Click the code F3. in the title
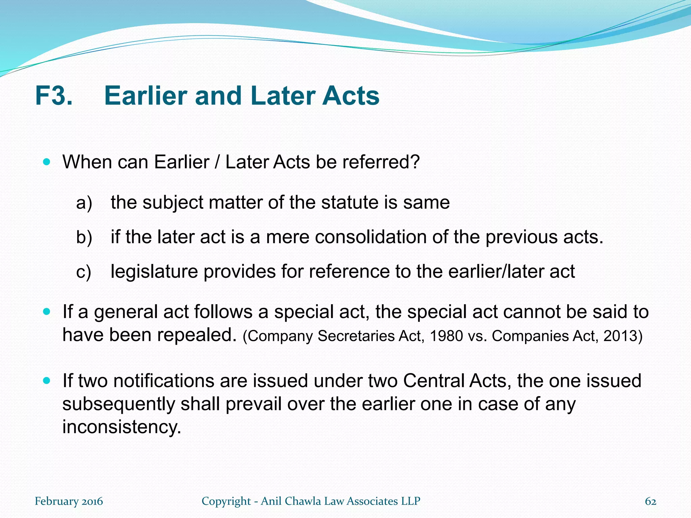[x=54, y=96]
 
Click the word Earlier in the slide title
[x=146, y=96]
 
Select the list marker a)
[x=84, y=203]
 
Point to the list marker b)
[x=84, y=237]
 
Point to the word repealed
[x=194, y=335]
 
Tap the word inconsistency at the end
[x=122, y=427]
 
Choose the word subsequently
[x=118, y=404]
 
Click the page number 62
[x=651, y=501]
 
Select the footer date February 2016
[x=69, y=501]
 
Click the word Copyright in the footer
[x=226, y=501]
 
